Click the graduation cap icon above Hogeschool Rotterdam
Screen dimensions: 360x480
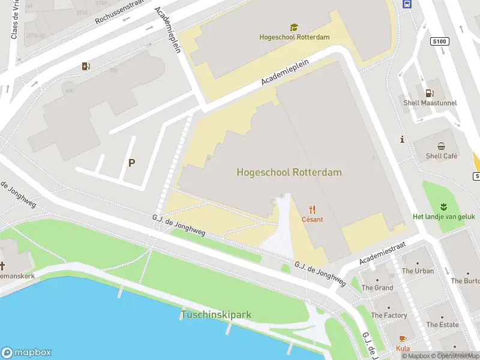(x=294, y=27)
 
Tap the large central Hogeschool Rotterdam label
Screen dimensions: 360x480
(x=289, y=172)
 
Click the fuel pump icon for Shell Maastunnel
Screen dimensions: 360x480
(x=430, y=92)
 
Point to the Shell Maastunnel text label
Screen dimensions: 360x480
(x=430, y=103)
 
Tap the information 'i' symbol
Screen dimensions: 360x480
(x=402, y=139)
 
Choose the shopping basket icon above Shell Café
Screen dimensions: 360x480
(x=442, y=146)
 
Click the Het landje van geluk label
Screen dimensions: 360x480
(x=444, y=216)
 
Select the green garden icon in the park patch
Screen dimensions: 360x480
(x=444, y=206)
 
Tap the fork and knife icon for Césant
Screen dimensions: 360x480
(x=312, y=209)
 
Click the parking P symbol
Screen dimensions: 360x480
(x=131, y=163)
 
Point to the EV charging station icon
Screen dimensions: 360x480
(x=86, y=66)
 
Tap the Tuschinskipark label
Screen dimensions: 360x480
(x=216, y=314)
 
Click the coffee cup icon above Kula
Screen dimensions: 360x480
(x=403, y=338)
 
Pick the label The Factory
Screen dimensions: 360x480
(x=389, y=315)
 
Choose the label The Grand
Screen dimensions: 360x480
(x=377, y=287)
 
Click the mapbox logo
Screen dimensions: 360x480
(x=26, y=353)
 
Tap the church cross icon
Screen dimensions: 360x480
(x=3, y=265)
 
